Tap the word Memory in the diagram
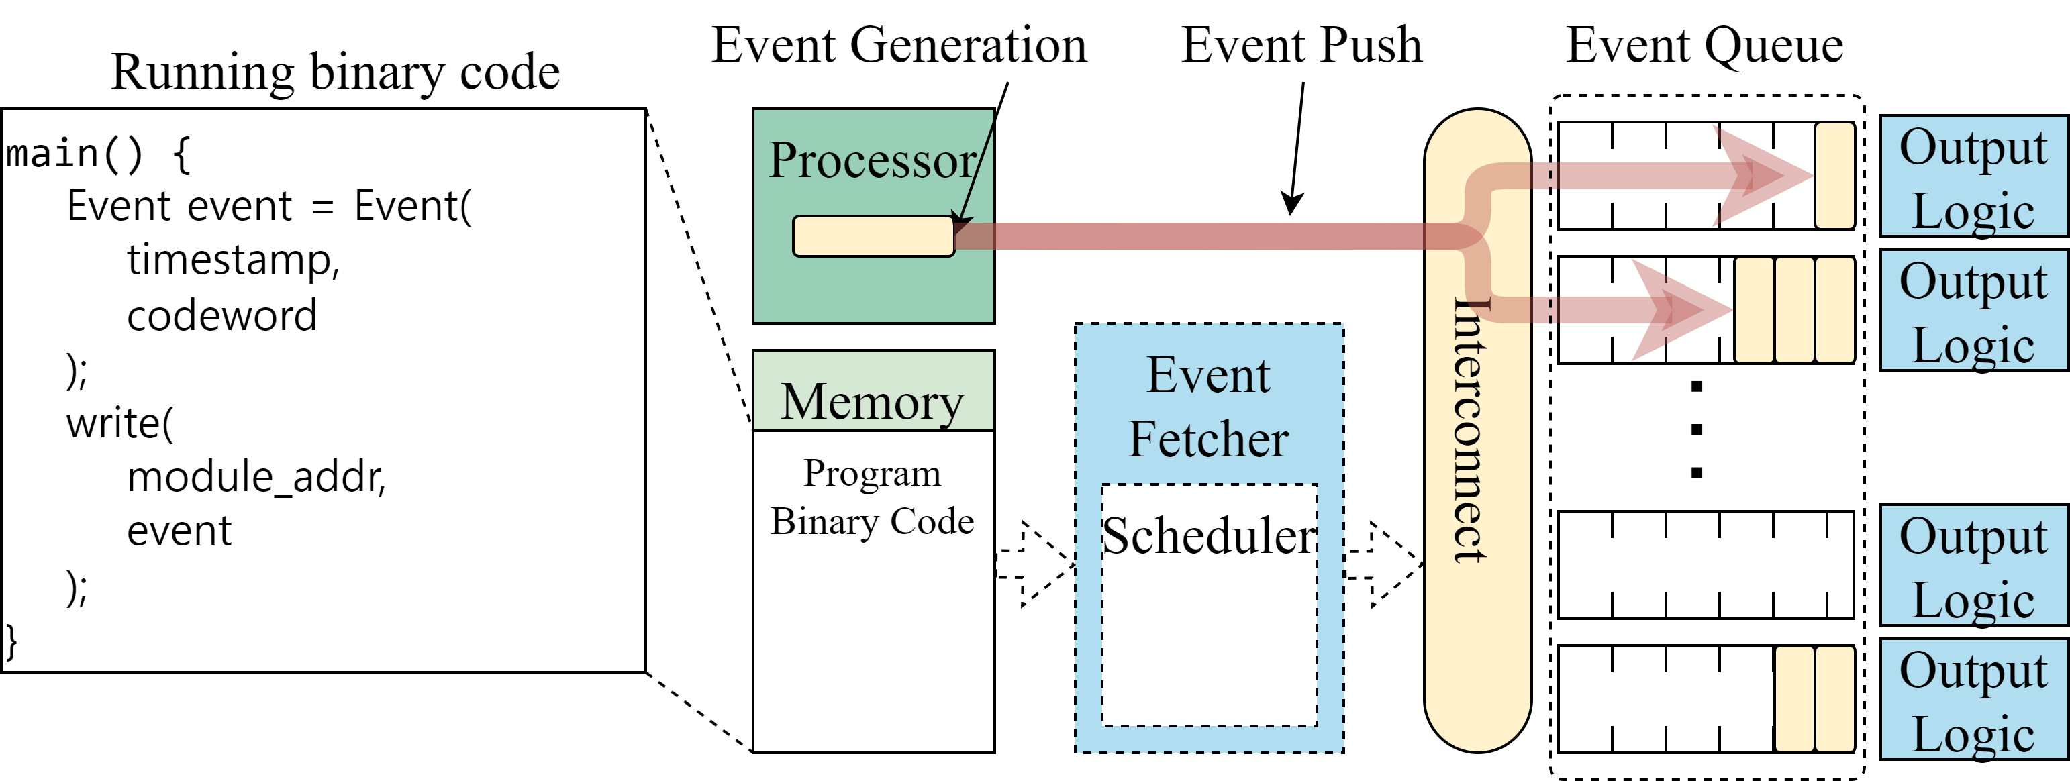[872, 401]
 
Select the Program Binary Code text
[872, 497]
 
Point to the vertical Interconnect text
[1471, 430]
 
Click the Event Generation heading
[898, 45]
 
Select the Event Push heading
[1301, 45]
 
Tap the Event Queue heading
[1704, 45]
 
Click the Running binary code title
[335, 72]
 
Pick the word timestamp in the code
[233, 260]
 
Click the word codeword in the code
[221, 315]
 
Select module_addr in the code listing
[256, 477]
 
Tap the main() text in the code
[74, 154]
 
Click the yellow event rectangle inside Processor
[873, 236]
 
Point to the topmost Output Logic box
[1973, 176]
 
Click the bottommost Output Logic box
[1973, 700]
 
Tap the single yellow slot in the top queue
[1834, 175]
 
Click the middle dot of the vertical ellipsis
[1696, 429]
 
